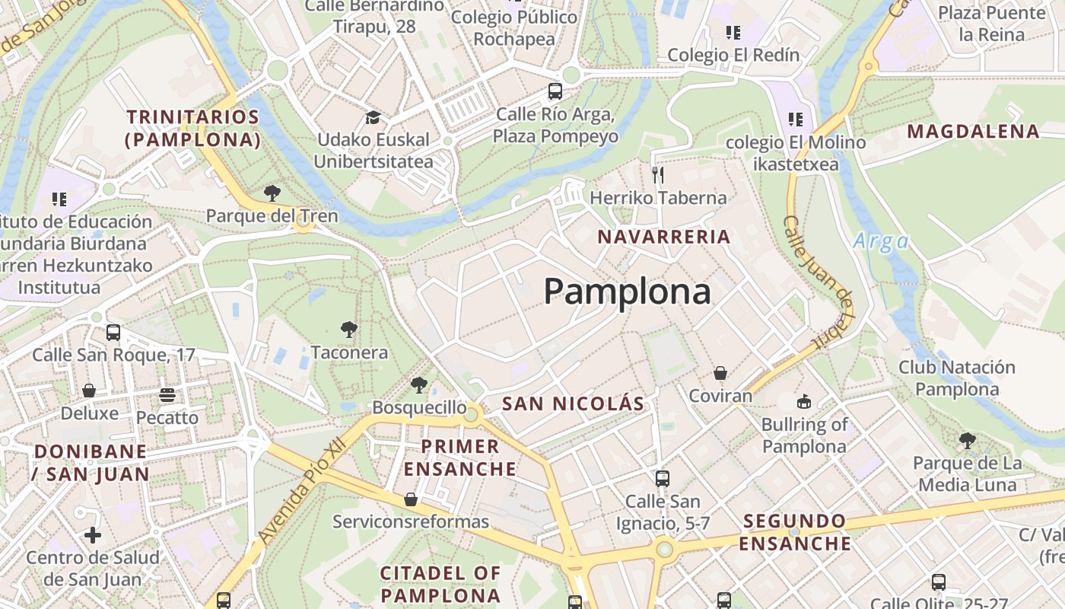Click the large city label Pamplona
click(627, 292)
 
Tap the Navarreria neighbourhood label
click(663, 237)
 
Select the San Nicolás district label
click(573, 403)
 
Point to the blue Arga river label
click(881, 242)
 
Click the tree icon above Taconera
click(349, 330)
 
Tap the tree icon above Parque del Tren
click(272, 193)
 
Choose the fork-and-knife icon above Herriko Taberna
click(658, 175)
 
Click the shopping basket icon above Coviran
click(720, 373)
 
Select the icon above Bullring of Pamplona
click(804, 401)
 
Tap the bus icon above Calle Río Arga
click(555, 91)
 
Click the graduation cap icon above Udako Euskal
click(373, 117)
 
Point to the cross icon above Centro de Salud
click(93, 534)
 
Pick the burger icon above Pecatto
click(167, 395)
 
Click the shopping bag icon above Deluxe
click(89, 391)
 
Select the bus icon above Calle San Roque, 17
click(113, 332)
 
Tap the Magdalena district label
click(973, 131)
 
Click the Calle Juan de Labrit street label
click(817, 282)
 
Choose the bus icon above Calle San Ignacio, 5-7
click(663, 479)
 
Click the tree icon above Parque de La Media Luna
click(967, 440)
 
